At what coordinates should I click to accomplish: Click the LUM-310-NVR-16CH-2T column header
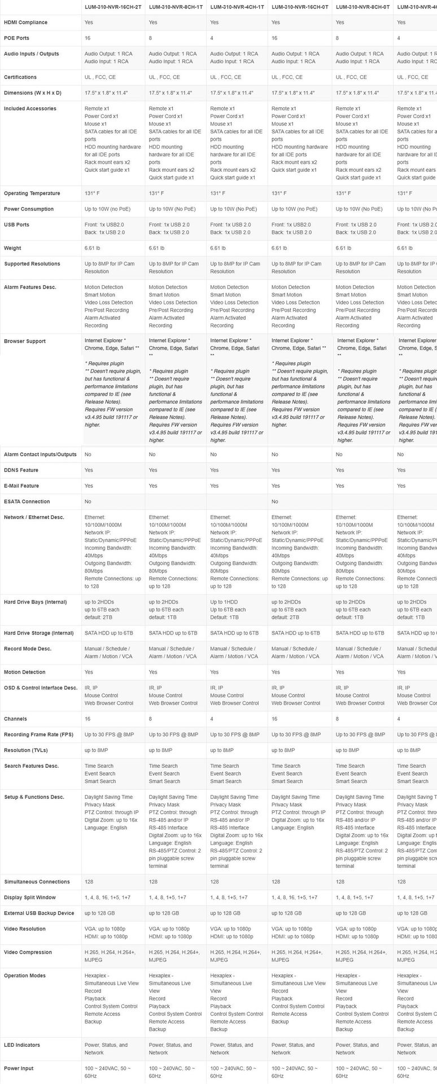tap(113, 7)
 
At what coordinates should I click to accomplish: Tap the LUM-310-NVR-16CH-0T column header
tap(298, 7)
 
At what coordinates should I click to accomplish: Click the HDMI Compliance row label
tap(25, 23)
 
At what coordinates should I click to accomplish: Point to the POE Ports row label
tap(16, 38)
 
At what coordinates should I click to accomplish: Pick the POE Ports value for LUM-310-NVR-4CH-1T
tap(212, 38)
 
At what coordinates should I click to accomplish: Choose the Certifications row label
tap(20, 77)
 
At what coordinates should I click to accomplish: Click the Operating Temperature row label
tap(29, 194)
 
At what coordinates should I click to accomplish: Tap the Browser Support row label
tap(25, 342)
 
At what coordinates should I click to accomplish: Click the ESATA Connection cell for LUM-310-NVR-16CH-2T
tap(88, 501)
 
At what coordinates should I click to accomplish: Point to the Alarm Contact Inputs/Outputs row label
tap(40, 454)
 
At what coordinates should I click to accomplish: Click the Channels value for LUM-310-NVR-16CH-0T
tap(275, 719)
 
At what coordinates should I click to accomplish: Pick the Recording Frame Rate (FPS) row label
tap(38, 735)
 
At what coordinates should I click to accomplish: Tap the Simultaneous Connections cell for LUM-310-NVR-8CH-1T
tap(153, 882)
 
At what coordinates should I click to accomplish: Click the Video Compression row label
tap(28, 952)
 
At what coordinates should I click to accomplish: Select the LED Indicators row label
tap(22, 1045)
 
